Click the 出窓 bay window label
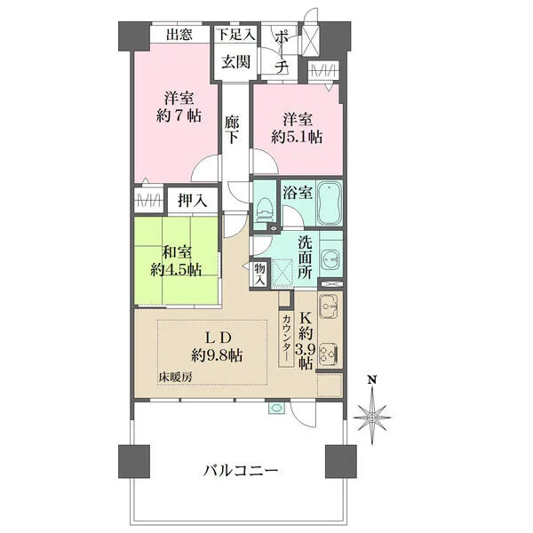(x=179, y=35)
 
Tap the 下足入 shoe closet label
(x=236, y=35)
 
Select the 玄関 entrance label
(x=235, y=62)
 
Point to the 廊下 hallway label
(x=233, y=130)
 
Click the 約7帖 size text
(x=179, y=115)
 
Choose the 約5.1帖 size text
(x=297, y=137)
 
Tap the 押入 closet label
(x=193, y=202)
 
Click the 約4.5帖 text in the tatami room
(x=176, y=270)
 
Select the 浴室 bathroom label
(x=297, y=193)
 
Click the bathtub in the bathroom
(x=330, y=204)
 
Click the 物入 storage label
(x=259, y=274)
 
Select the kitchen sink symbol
(x=328, y=306)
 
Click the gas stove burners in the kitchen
(x=329, y=354)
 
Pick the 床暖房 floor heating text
(x=175, y=377)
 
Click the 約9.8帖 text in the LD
(x=217, y=356)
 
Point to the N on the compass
(x=372, y=380)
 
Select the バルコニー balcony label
(x=241, y=471)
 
